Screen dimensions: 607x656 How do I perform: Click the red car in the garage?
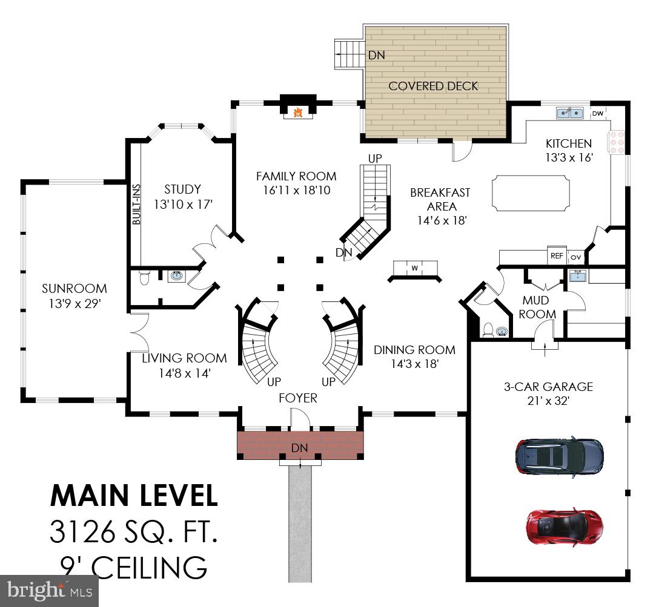(565, 523)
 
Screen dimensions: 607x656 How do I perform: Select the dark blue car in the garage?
(559, 454)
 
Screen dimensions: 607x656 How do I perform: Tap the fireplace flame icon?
(297, 112)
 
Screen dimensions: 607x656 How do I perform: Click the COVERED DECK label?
(433, 86)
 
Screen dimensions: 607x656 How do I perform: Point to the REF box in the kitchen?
(557, 256)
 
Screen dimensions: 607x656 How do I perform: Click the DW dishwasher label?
(597, 113)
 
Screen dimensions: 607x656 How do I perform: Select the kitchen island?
(530, 194)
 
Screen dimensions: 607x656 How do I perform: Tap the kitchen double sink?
(570, 113)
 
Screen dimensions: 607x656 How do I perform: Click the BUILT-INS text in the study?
(136, 204)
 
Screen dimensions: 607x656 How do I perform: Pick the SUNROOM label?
(75, 289)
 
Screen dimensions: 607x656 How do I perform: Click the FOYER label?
(297, 398)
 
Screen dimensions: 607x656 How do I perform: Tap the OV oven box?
(575, 257)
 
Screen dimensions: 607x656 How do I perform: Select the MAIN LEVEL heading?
(133, 496)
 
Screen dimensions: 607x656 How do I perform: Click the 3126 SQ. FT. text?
(133, 532)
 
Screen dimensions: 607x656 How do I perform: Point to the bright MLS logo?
(49, 590)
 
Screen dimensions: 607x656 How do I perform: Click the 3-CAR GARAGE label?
(548, 387)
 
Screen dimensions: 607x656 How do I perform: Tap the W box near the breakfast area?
(415, 268)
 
